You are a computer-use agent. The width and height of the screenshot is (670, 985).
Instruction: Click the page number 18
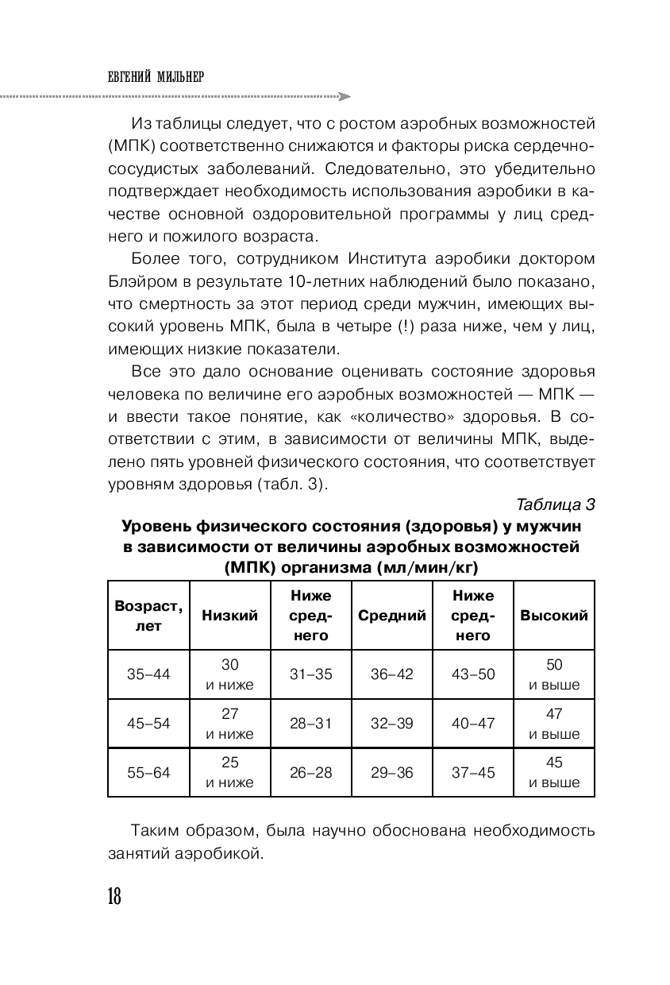(114, 897)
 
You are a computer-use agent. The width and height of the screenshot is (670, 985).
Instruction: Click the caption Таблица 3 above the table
(555, 504)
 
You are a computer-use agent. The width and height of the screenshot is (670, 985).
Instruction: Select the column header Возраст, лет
(148, 616)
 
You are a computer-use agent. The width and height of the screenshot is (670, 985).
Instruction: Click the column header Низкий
(229, 616)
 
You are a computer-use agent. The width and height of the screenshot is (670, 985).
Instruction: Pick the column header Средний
(392, 616)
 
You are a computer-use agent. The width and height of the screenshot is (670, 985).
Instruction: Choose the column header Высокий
(554, 616)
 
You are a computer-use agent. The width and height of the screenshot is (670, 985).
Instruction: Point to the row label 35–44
(148, 674)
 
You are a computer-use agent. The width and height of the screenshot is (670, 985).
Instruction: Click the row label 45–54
(148, 724)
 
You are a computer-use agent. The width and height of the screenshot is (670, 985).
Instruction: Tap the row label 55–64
(148, 772)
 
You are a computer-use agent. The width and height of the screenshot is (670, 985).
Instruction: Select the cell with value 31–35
(310, 674)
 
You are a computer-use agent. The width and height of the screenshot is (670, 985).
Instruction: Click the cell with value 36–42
(392, 674)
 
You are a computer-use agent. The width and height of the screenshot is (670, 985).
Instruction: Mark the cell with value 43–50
(473, 674)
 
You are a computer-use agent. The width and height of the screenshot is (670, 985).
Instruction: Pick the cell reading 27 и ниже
(229, 724)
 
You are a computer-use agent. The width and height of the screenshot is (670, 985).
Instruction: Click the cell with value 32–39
(392, 724)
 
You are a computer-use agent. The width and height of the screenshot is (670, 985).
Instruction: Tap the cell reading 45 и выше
(554, 772)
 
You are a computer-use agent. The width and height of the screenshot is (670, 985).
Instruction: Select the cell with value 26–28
(310, 772)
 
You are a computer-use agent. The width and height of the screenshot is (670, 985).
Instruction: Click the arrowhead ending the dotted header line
(344, 96)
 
